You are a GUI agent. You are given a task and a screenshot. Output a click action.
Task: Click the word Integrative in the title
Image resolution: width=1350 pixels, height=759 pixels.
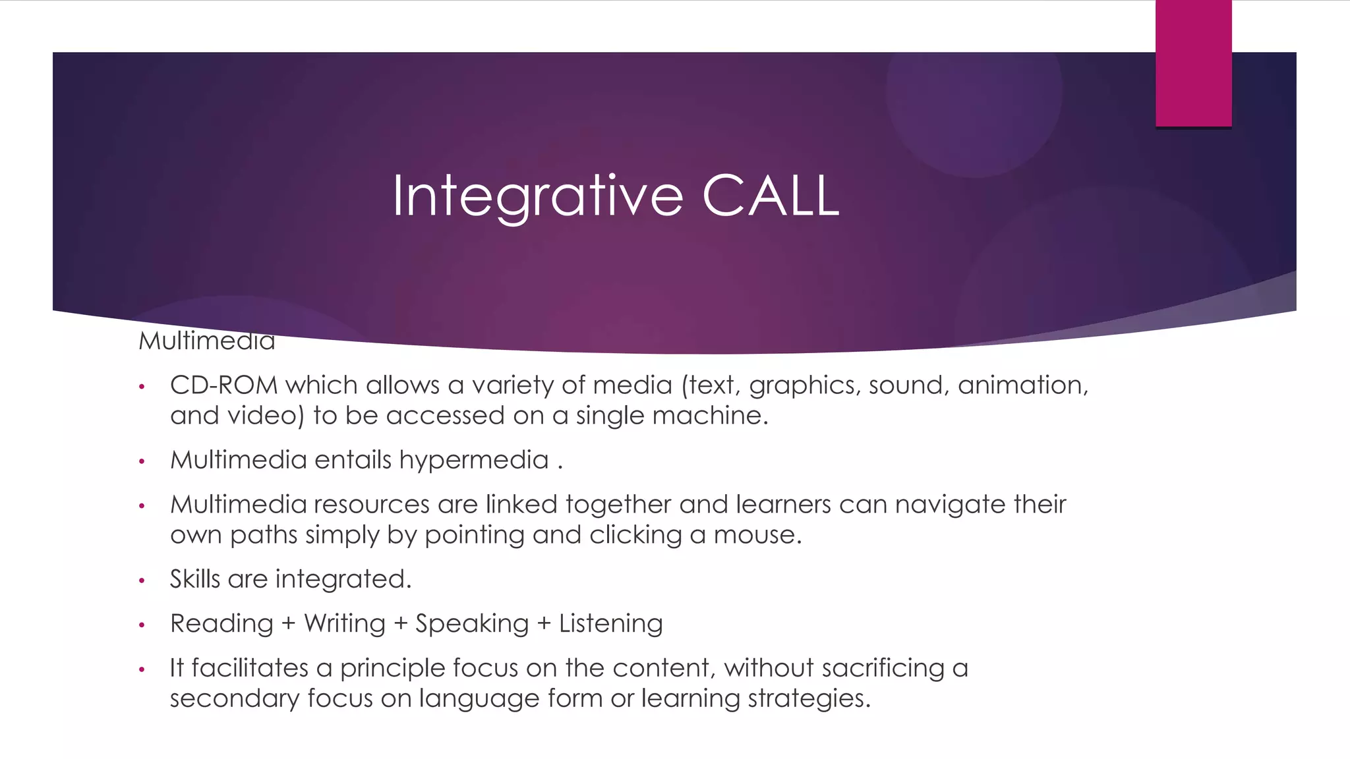tap(538, 196)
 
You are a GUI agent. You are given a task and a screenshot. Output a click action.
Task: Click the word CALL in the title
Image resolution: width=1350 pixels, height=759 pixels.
tap(771, 196)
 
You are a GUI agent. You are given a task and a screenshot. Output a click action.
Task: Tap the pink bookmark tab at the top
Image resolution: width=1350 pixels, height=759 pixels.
tap(1193, 63)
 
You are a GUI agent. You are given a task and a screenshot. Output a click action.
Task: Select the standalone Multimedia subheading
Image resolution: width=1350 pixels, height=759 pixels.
tap(206, 341)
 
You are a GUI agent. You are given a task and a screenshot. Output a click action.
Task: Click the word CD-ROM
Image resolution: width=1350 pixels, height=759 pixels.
tap(223, 385)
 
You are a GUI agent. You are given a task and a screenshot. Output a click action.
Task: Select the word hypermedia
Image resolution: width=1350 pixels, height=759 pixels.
tap(474, 460)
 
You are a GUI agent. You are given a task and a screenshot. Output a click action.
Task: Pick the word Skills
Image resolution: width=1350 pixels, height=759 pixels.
tap(195, 579)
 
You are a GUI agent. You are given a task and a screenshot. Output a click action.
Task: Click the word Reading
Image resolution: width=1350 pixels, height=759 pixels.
tap(221, 624)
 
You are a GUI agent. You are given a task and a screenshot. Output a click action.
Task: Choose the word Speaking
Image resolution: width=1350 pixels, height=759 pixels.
tap(472, 624)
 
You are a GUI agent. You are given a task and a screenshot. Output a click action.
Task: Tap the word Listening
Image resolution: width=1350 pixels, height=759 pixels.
tap(610, 624)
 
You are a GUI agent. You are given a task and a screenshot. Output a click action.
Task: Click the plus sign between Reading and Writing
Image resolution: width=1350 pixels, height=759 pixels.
tap(288, 624)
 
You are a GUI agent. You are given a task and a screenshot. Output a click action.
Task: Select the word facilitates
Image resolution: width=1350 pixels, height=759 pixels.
tap(250, 668)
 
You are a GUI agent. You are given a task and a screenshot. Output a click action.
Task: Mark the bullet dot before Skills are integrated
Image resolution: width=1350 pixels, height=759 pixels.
tap(141, 580)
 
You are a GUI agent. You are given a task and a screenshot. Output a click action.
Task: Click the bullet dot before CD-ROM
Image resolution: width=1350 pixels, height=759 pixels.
tap(141, 386)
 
